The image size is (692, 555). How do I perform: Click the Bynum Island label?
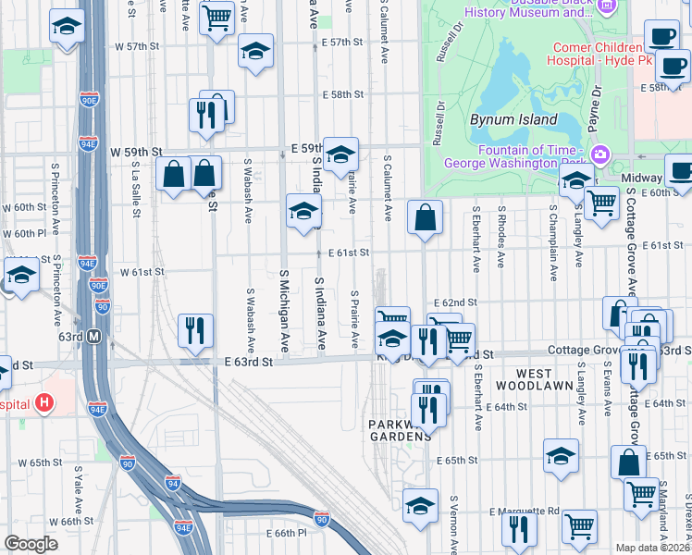tap(513, 119)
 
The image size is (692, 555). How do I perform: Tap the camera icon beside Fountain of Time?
tap(599, 154)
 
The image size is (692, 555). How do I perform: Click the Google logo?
tap(31, 544)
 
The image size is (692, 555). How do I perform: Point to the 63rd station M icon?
tap(93, 338)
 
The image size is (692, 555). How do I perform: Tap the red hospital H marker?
tap(43, 403)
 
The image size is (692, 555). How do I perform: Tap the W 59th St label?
tap(136, 151)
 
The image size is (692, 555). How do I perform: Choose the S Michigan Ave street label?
tap(285, 311)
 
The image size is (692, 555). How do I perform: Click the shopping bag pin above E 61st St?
tap(425, 218)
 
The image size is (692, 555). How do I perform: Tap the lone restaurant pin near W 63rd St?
tap(195, 330)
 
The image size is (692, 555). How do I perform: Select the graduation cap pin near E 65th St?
tap(561, 457)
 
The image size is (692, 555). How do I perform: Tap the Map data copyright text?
tap(653, 548)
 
